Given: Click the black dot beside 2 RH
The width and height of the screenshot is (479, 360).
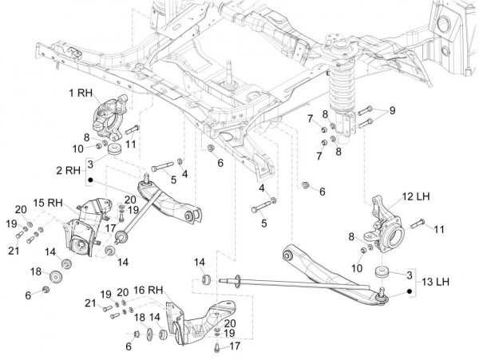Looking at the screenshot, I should (91, 180).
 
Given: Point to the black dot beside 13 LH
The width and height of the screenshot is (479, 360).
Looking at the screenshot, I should (410, 293).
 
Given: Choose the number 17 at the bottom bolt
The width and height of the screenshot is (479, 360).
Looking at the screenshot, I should (236, 346).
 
